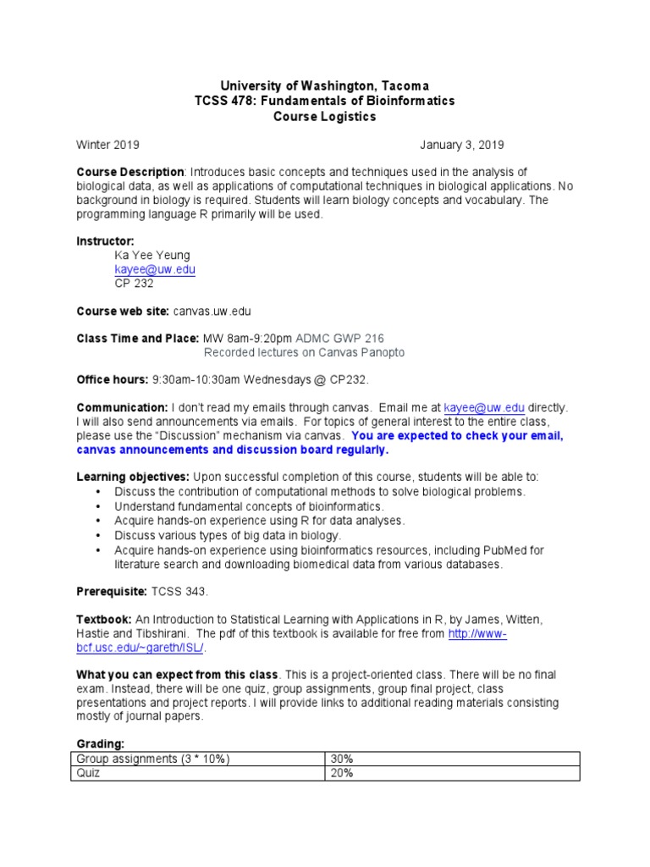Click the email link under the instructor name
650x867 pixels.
(x=155, y=269)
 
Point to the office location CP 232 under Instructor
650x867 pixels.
(x=134, y=284)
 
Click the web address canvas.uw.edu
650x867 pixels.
(x=212, y=312)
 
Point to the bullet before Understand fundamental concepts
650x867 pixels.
(x=99, y=506)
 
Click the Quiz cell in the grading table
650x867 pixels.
(x=88, y=773)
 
